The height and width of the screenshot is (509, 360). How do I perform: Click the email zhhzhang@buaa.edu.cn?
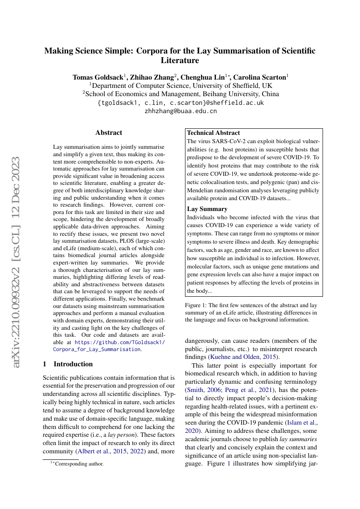[180, 111]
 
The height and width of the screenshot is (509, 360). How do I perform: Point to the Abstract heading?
[109, 133]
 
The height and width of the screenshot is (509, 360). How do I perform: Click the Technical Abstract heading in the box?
[213, 133]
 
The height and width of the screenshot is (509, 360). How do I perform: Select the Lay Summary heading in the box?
[207, 209]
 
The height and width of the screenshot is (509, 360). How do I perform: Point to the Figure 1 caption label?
[196, 305]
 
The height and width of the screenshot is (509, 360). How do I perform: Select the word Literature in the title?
[180, 60]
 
